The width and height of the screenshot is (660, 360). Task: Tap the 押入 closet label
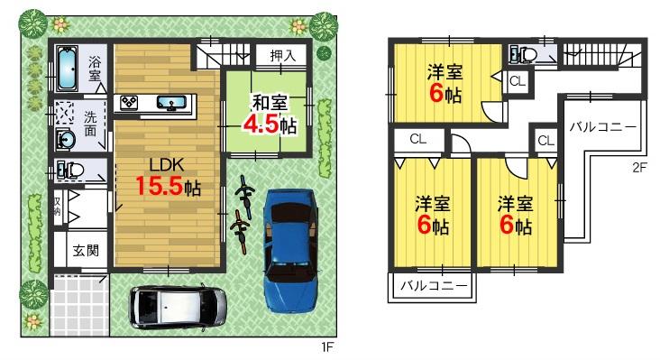283,56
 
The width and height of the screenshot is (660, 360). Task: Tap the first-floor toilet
70,169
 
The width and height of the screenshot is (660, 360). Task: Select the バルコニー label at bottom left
433,286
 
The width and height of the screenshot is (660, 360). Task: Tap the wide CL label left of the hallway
417,139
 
